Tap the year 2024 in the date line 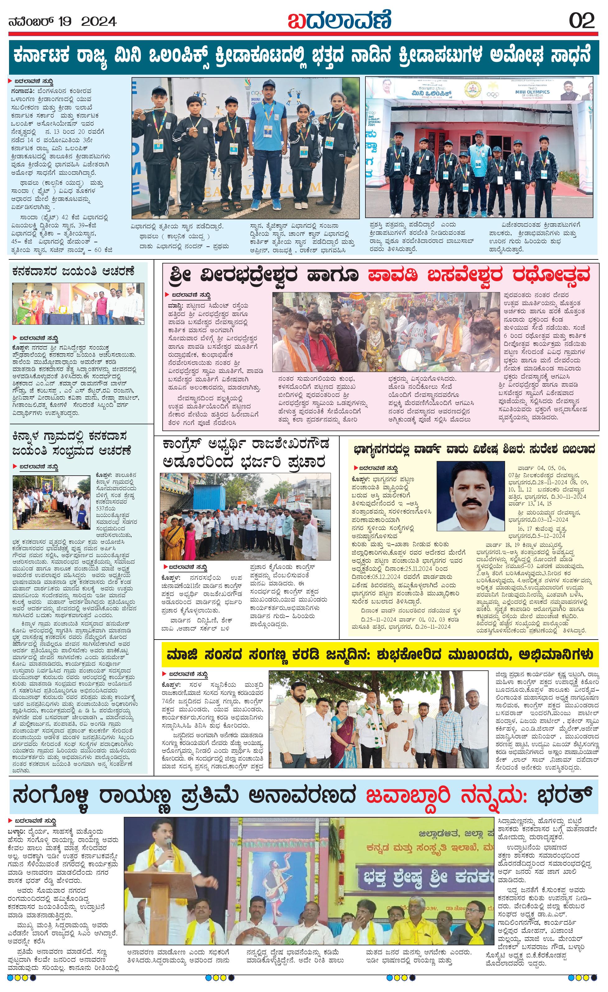tap(99, 21)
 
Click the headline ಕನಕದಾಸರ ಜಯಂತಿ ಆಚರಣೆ tap(73, 272)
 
